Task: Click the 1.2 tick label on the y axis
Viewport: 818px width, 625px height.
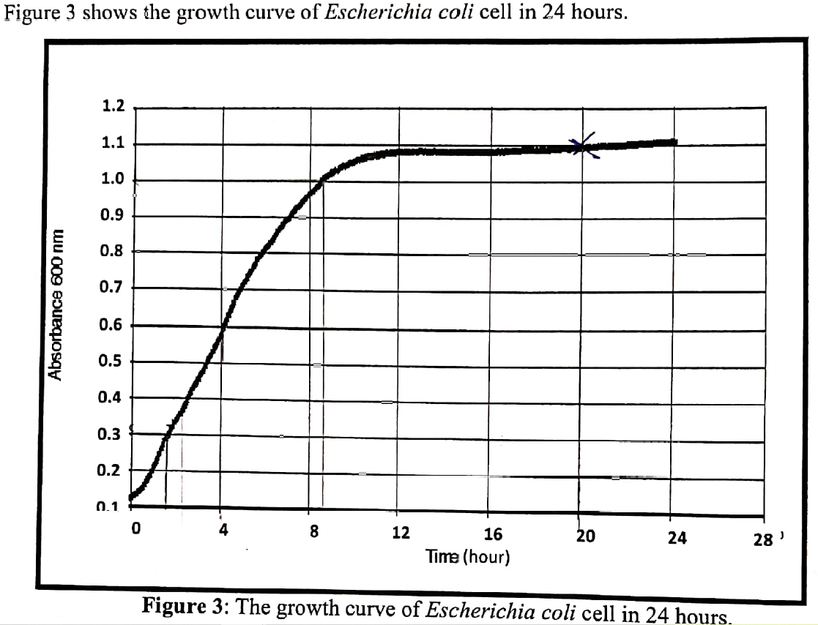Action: tap(114, 107)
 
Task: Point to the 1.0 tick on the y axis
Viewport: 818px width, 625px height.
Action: tap(114, 180)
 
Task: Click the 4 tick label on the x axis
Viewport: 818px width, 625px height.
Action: tap(223, 531)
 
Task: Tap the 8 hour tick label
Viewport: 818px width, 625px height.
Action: tap(313, 532)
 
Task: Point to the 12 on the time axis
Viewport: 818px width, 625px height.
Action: tap(401, 533)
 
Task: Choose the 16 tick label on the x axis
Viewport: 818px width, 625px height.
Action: tap(494, 535)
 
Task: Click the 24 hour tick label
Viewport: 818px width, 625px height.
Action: tap(677, 539)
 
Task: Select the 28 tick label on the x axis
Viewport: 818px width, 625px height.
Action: tap(763, 541)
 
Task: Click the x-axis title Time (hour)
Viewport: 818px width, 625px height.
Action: tap(468, 557)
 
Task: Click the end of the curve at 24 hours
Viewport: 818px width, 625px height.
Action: tap(674, 142)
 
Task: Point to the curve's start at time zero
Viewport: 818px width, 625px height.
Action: tap(132, 498)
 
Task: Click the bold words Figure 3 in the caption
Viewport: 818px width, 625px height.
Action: tap(182, 607)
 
